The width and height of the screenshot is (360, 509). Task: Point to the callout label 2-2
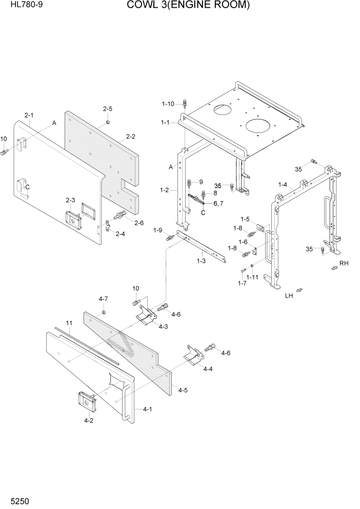tap(130, 136)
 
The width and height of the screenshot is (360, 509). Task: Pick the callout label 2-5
tap(107, 109)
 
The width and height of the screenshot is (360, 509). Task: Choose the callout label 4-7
tap(103, 299)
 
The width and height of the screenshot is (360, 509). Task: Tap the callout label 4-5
tap(183, 390)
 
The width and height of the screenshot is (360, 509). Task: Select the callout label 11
tap(69, 323)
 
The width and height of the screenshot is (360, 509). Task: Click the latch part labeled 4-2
tap(87, 402)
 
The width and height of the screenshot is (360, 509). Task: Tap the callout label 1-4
tap(283, 185)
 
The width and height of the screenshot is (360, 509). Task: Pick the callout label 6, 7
tap(218, 204)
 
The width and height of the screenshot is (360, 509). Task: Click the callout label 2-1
tap(29, 115)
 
